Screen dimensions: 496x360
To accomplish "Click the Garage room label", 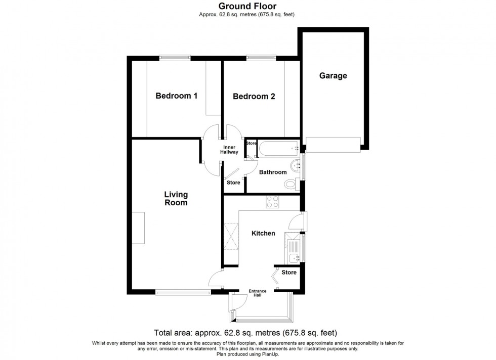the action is pyautogui.click(x=333, y=76).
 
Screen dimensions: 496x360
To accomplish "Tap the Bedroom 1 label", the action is pyautogui.click(x=177, y=96).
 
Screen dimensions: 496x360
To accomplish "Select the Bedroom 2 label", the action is pyautogui.click(x=254, y=97).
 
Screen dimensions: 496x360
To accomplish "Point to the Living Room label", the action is pyautogui.click(x=176, y=199).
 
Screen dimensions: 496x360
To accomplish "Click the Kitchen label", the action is pyautogui.click(x=263, y=233).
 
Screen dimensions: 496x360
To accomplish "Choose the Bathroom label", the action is pyautogui.click(x=273, y=172).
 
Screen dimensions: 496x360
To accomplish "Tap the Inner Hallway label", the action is pyautogui.click(x=229, y=150).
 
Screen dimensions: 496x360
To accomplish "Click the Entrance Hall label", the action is pyautogui.click(x=258, y=293).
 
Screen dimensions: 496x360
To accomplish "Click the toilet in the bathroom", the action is pyautogui.click(x=292, y=184).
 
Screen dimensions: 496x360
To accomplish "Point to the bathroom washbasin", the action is pyautogui.click(x=296, y=165).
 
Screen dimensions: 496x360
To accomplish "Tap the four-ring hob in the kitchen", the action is pyautogui.click(x=272, y=202).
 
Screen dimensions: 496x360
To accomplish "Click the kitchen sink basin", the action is pyautogui.click(x=295, y=258).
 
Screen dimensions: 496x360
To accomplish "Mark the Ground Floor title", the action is pyautogui.click(x=247, y=6).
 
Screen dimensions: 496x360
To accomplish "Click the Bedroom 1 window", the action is pyautogui.click(x=175, y=58).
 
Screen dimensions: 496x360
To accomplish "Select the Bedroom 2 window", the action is pyautogui.click(x=261, y=58).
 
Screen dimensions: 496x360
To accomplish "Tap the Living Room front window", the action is pyautogui.click(x=183, y=293).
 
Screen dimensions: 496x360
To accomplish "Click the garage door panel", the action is pyautogui.click(x=333, y=145).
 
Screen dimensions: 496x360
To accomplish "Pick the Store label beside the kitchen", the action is pyautogui.click(x=289, y=273).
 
